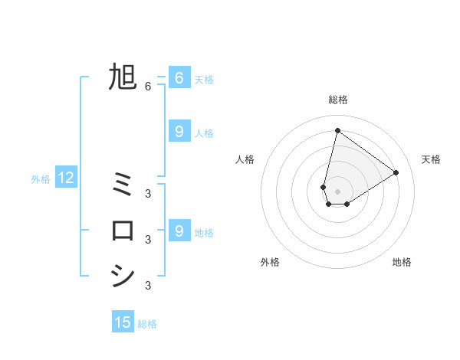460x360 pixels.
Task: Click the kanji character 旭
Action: tap(123, 77)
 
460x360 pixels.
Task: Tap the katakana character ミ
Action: tap(123, 183)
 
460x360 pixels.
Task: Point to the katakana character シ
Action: tap(123, 276)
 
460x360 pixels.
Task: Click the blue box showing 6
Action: tap(179, 77)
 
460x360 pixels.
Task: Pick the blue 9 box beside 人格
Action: tap(179, 132)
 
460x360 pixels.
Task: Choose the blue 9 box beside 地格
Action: tap(179, 230)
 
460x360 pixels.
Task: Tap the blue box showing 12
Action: tap(66, 178)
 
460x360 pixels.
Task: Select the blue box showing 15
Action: tap(123, 322)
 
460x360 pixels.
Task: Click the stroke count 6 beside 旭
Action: tap(148, 87)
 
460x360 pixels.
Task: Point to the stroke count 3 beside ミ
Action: tap(148, 193)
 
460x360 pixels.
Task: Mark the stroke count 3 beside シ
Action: tap(148, 286)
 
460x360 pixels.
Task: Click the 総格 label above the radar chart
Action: tap(338, 100)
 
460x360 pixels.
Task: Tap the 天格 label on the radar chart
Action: tap(431, 159)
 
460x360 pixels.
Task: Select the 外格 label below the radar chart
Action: tap(270, 262)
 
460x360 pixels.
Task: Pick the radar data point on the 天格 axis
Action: tap(396, 172)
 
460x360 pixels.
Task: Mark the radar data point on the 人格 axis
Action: tap(324, 187)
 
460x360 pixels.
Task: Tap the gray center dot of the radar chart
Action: tap(337, 191)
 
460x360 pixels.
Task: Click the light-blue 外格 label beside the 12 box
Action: tap(41, 179)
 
